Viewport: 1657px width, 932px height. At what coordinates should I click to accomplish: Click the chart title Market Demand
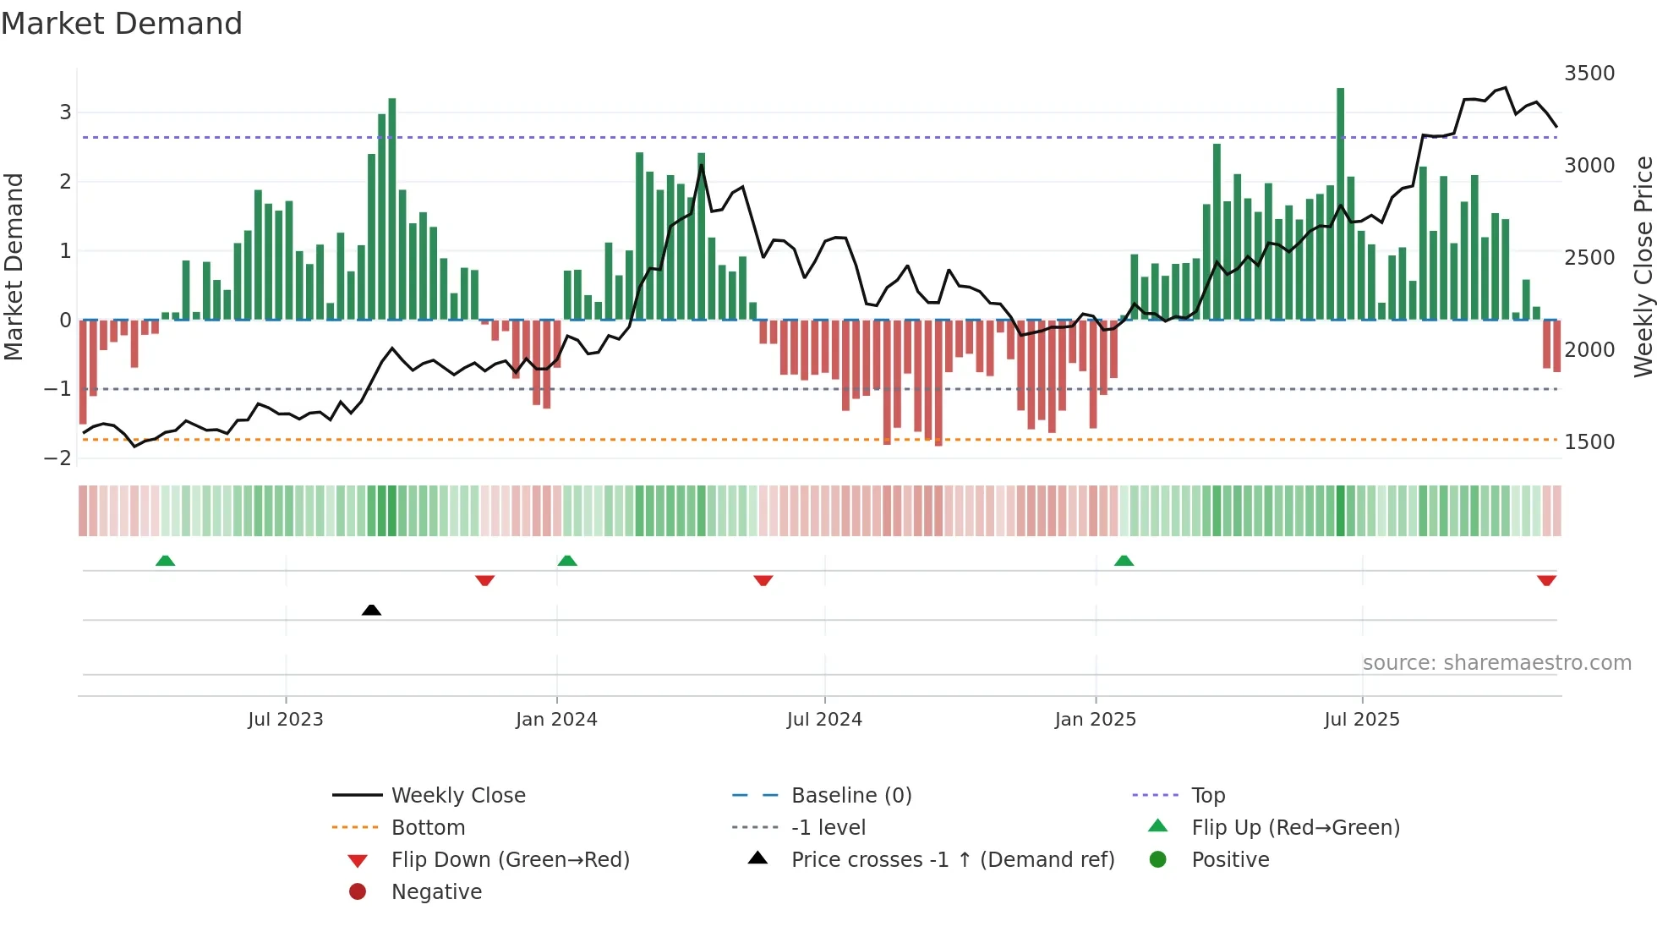click(x=122, y=24)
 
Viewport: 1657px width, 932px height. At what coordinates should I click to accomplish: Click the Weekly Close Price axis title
click(x=1643, y=266)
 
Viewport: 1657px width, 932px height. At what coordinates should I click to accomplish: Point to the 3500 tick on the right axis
click(x=1589, y=74)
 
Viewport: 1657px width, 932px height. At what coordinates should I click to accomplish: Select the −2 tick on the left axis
click(x=57, y=458)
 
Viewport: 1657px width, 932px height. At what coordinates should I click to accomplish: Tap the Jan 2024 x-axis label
click(x=556, y=720)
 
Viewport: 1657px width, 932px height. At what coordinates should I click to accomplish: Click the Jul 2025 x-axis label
click(x=1361, y=720)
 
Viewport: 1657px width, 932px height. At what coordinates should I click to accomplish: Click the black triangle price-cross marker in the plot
click(x=371, y=610)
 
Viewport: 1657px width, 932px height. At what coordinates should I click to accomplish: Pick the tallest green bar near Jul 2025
click(x=1340, y=203)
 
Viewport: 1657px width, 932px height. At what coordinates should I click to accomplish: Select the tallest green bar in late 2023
click(x=391, y=209)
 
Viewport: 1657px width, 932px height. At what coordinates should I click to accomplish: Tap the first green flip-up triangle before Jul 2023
click(x=166, y=561)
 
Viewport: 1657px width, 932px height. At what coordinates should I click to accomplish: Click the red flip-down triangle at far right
click(x=1546, y=580)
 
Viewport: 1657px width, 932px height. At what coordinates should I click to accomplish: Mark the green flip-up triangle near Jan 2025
click(x=1124, y=561)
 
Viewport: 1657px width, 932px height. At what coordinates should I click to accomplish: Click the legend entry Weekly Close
click(x=457, y=796)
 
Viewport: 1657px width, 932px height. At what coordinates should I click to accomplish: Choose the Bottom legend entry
click(x=428, y=828)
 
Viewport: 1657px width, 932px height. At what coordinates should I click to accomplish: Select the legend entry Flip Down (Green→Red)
click(x=510, y=860)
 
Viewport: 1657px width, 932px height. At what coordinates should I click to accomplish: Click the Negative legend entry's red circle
click(x=358, y=892)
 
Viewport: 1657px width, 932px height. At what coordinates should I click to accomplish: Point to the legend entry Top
click(x=1207, y=796)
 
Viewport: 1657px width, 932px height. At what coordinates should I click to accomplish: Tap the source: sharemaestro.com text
click(x=1496, y=663)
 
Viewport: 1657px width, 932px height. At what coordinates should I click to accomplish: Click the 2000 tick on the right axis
click(x=1589, y=350)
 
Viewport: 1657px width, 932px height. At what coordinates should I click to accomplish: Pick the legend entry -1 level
click(x=828, y=828)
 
